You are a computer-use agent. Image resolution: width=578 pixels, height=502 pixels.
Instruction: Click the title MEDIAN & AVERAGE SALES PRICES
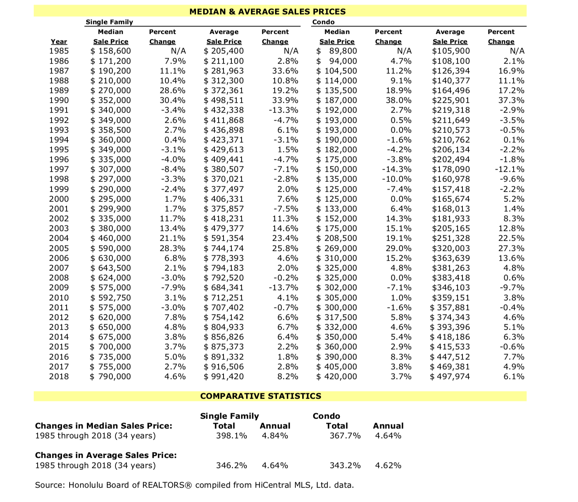(x=267, y=11)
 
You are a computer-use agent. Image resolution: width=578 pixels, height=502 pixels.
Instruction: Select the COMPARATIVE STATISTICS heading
(x=260, y=396)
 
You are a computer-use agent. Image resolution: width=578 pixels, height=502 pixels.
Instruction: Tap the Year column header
(x=59, y=41)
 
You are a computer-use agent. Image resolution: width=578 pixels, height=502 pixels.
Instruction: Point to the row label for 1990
(x=59, y=100)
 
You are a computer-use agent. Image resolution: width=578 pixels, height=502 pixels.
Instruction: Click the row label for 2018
(x=59, y=376)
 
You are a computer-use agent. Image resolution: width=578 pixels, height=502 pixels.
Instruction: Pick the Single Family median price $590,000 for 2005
(x=111, y=248)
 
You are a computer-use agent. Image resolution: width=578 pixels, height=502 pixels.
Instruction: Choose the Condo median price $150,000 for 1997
(x=336, y=169)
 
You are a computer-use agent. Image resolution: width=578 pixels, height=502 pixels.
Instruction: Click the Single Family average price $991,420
(x=224, y=376)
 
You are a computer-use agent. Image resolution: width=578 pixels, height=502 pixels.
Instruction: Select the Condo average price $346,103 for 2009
(x=451, y=288)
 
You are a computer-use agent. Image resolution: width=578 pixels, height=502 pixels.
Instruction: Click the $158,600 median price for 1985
(x=111, y=51)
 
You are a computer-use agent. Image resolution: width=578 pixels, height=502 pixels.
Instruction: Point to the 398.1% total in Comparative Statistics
(x=231, y=436)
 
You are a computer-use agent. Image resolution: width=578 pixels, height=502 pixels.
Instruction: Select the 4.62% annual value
(x=388, y=465)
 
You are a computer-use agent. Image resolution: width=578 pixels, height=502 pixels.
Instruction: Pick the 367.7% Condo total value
(x=345, y=436)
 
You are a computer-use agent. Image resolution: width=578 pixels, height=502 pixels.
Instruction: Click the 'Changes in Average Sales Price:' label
(x=106, y=455)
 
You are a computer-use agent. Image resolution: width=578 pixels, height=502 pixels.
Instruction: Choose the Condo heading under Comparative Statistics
(x=326, y=416)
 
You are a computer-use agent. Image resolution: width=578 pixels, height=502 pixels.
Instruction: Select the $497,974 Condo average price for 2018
(x=450, y=376)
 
